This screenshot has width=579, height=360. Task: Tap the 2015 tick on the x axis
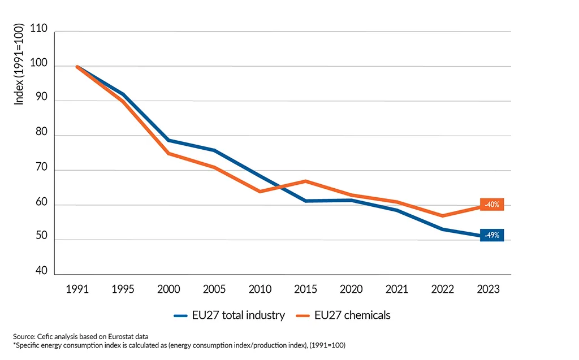pyautogui.click(x=305, y=289)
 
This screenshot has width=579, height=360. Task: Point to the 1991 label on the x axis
pyautogui.click(x=77, y=289)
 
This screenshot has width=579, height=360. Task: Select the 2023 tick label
pyautogui.click(x=488, y=289)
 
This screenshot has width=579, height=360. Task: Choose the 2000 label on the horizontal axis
pyautogui.click(x=168, y=289)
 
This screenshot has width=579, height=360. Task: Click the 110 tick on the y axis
pyautogui.click(x=39, y=32)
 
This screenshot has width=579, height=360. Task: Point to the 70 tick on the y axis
pyautogui.click(x=41, y=171)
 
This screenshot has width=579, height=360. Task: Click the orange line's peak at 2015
pyautogui.click(x=305, y=181)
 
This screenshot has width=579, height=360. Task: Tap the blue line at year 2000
pyautogui.click(x=168, y=140)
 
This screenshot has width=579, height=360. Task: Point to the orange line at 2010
pyautogui.click(x=260, y=192)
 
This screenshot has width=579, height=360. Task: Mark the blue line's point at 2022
pyautogui.click(x=442, y=229)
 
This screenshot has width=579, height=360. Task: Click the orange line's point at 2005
pyautogui.click(x=214, y=167)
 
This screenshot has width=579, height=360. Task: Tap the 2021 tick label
pyautogui.click(x=396, y=289)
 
